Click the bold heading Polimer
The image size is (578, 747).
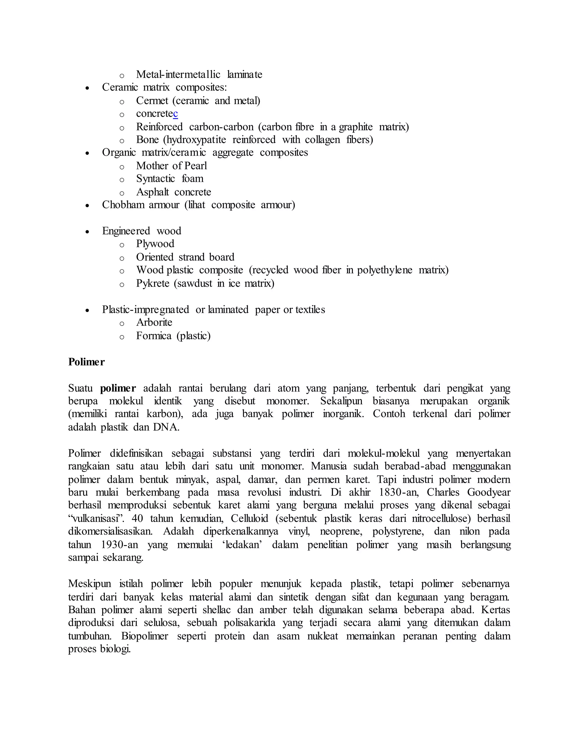click(86, 362)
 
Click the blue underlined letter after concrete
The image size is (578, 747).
click(175, 114)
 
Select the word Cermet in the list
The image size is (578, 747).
click(152, 101)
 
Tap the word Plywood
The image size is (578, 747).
click(155, 244)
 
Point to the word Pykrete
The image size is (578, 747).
click(153, 283)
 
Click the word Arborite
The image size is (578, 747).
click(154, 322)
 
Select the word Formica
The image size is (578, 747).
click(154, 335)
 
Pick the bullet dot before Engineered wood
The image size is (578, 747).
click(88, 231)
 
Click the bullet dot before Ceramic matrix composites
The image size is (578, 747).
click(88, 88)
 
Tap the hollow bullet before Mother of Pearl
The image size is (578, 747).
click(122, 167)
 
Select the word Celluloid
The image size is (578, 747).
click(249, 518)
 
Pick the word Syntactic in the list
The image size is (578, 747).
click(156, 178)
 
